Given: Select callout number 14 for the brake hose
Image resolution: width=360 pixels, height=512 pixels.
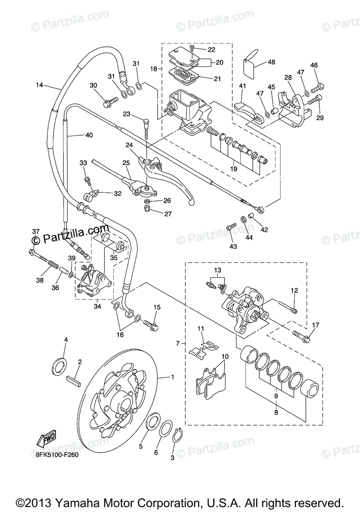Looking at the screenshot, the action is click(x=39, y=85).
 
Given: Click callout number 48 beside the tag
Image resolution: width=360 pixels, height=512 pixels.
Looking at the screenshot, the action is click(x=272, y=62).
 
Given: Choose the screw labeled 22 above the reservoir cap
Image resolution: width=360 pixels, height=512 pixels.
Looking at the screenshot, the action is click(x=192, y=48).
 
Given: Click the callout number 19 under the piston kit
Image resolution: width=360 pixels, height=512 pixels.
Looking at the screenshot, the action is click(x=234, y=169).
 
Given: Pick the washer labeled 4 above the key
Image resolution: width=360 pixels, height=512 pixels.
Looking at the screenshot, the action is click(x=59, y=364).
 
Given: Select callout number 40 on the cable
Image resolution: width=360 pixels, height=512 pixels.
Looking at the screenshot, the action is click(x=89, y=135).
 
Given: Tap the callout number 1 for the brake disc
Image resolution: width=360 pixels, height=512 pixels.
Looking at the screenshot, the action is click(x=173, y=377).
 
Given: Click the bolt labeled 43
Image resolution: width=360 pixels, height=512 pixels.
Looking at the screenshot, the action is click(x=231, y=226).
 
